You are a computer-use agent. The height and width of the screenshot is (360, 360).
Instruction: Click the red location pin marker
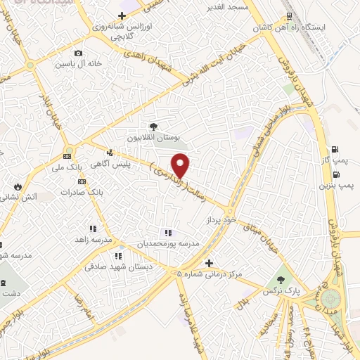coord(181,165)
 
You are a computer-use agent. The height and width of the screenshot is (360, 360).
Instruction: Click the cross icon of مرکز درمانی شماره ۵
coord(209,263)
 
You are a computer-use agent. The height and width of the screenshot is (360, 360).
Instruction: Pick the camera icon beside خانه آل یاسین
coord(78,53)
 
